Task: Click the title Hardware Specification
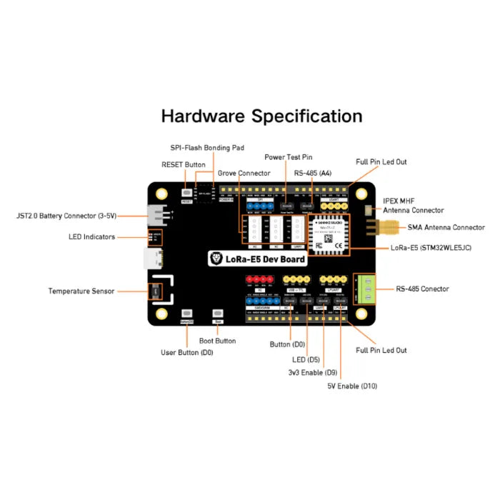pos(261,116)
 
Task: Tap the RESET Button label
pos(183,165)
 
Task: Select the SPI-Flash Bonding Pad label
pos(206,148)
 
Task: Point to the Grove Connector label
pos(244,174)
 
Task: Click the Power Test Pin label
pos(288,157)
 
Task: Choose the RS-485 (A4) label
pos(313,174)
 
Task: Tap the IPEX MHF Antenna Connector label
pos(413,206)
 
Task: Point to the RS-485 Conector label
pos(422,289)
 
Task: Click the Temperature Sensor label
pos(81,291)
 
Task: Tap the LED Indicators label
pos(92,237)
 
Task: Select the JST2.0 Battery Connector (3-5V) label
pos(66,215)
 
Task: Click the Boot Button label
pos(217,341)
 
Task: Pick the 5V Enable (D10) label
pos(352,386)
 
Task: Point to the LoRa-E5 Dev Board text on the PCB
pos(258,259)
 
